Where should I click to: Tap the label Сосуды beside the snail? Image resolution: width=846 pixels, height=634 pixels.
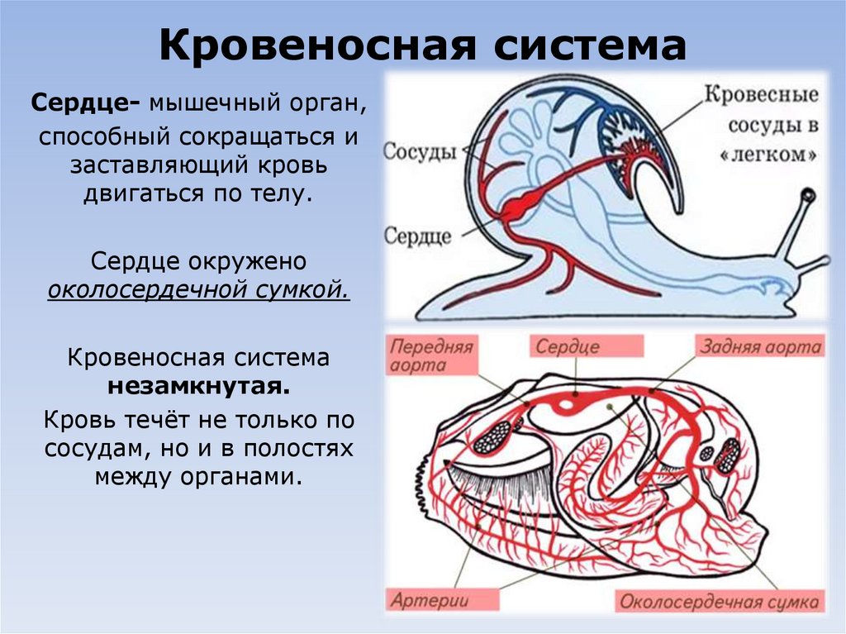point(421,152)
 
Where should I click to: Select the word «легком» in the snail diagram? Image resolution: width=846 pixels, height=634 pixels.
point(773,155)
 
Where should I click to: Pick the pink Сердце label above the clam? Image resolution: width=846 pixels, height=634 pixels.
point(568,346)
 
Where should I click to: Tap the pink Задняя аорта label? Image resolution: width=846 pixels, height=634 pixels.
point(761,346)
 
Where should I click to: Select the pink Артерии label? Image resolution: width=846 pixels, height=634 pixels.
point(430,600)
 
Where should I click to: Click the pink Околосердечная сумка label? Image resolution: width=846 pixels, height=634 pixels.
point(719,601)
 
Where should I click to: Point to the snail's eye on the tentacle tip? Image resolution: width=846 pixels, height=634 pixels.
point(807,196)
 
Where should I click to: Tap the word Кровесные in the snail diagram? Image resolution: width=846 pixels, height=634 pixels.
point(761,94)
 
